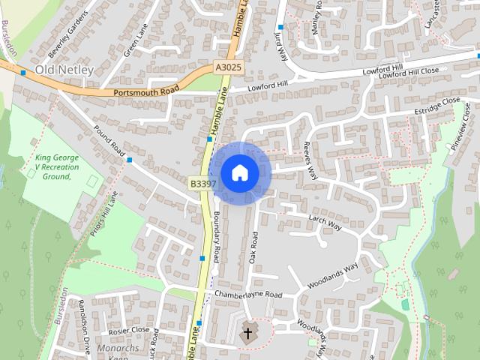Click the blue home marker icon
click(239, 172)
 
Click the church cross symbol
click(247, 332)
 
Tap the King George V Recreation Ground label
click(53, 167)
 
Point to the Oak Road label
click(253, 247)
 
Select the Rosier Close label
click(129, 329)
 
